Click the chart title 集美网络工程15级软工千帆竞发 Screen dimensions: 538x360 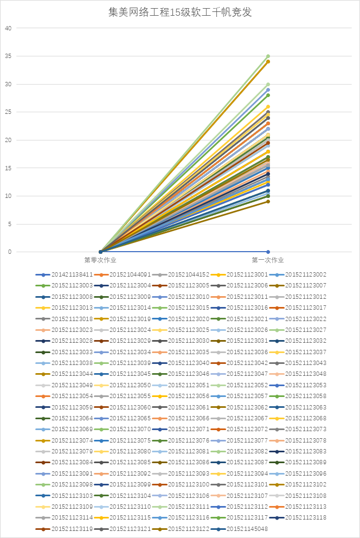(180, 12)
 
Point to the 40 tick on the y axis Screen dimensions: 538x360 (8, 28)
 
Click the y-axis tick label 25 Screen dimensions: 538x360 (8, 112)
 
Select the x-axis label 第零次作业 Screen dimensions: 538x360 (100, 260)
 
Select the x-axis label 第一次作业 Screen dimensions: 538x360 (268, 260)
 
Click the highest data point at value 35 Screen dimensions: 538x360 (268, 56)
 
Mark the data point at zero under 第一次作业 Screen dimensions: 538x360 (268, 252)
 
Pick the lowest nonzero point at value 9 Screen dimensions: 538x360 (268, 202)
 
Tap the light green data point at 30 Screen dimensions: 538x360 (268, 84)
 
